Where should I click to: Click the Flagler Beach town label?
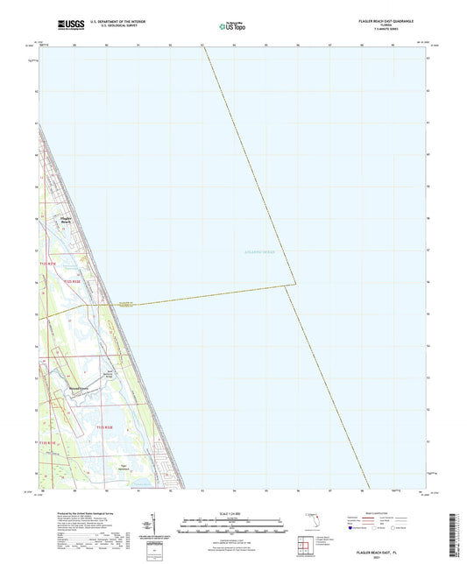[x=66, y=221]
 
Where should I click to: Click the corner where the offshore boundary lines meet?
[x=295, y=283]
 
